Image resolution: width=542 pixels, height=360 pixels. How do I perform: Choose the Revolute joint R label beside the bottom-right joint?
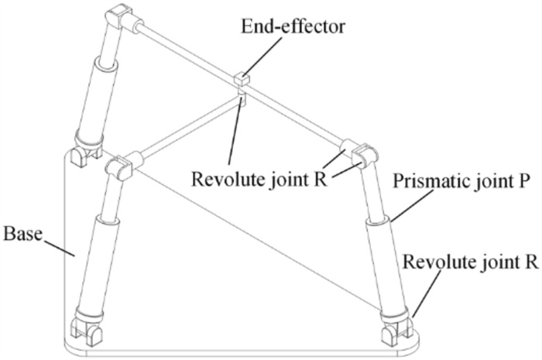tap(474, 261)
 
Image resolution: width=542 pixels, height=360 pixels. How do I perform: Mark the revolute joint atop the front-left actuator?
tap(124, 165)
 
